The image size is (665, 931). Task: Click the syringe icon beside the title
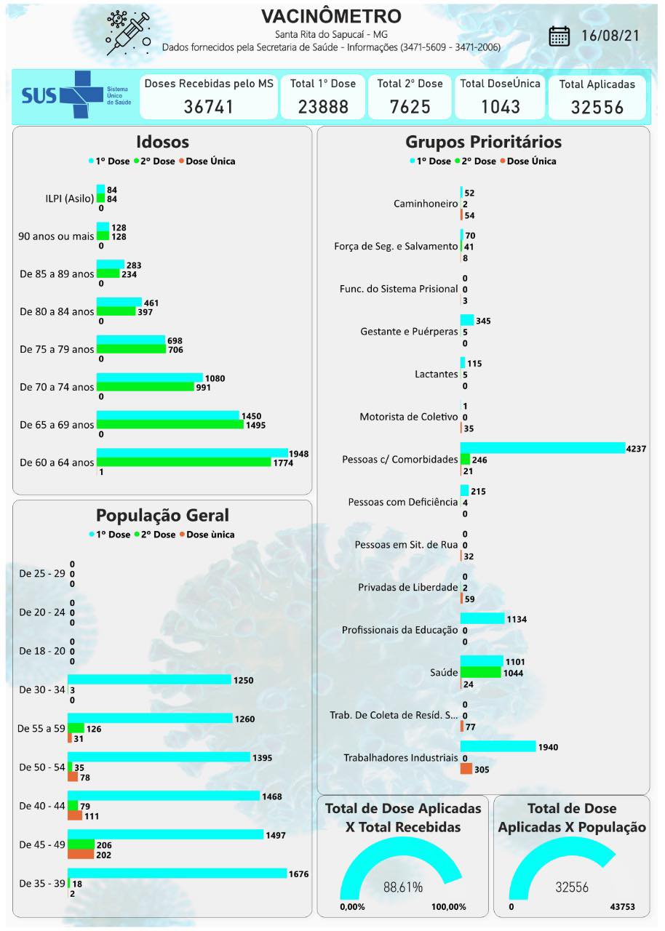coord(128,33)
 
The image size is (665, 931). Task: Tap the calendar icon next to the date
coord(559,36)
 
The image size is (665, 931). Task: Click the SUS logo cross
coord(81,95)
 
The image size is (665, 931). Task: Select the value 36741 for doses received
coord(209,107)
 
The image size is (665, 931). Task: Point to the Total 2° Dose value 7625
coord(410,107)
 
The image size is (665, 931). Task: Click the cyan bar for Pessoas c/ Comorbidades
coord(542,448)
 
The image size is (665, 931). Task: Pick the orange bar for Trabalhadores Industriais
coord(466,769)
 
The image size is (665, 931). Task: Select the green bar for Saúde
coord(481,673)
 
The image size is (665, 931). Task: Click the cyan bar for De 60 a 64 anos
coord(192,453)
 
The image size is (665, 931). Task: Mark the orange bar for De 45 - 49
coord(81,855)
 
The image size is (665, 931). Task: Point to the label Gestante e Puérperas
coord(409,332)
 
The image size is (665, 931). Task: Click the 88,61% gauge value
coord(402,887)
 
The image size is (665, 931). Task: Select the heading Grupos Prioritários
coord(483,142)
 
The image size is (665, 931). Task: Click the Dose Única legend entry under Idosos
coord(210,161)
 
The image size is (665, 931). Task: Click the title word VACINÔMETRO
coord(331,17)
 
